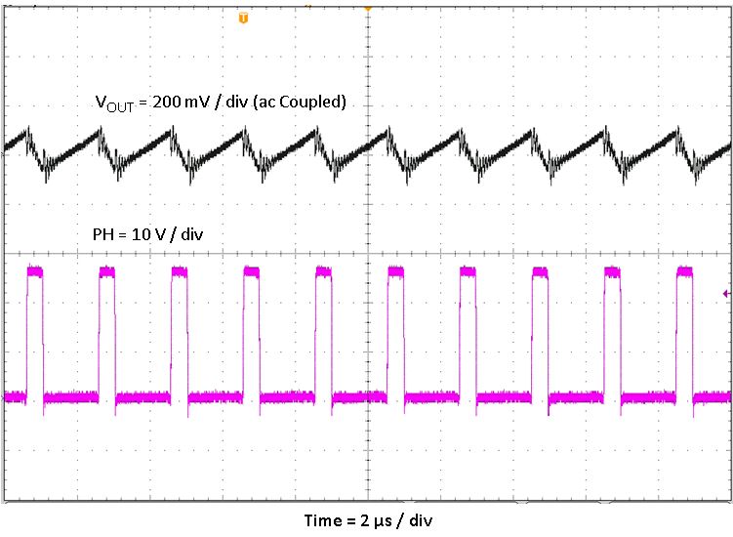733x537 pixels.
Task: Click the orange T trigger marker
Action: click(x=243, y=18)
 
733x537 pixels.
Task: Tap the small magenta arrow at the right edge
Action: click(x=725, y=292)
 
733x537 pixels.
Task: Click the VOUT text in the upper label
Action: click(x=111, y=102)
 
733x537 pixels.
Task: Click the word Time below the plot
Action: click(x=322, y=519)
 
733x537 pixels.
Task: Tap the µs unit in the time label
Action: click(x=390, y=519)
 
